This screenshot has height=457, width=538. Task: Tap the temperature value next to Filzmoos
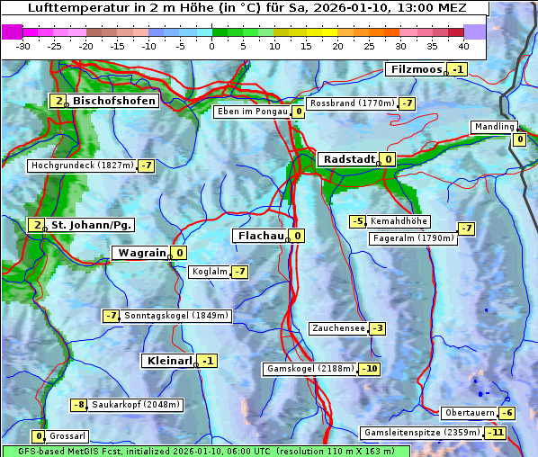[459, 69]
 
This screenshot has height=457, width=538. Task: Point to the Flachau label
[259, 236]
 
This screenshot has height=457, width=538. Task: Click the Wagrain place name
[141, 254]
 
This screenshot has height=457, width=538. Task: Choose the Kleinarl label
[168, 361]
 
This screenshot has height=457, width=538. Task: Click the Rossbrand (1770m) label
[352, 103]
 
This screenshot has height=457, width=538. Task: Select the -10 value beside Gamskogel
[370, 369]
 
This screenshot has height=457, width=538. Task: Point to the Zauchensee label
[338, 328]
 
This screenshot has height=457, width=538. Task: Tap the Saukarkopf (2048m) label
[136, 405]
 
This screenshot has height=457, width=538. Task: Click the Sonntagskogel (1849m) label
[177, 316]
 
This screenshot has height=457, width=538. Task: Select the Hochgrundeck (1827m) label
[81, 166]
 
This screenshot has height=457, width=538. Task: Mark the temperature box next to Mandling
[519, 139]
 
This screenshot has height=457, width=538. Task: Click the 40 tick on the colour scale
[463, 45]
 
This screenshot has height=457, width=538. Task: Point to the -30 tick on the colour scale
[23, 45]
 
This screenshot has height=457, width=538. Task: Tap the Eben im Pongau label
[251, 112]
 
